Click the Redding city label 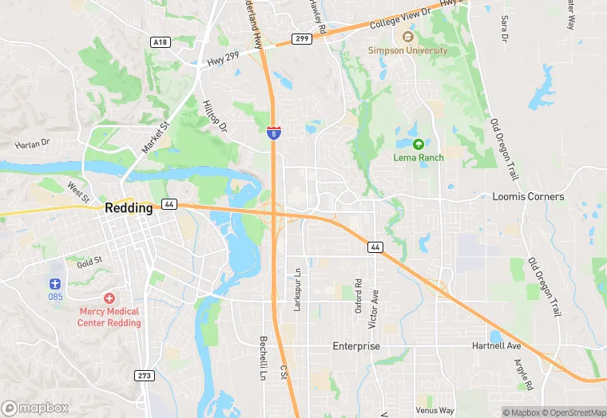point(129,207)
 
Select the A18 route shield point(160,41)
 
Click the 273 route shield point(144,375)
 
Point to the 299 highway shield point(301,37)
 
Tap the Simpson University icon point(408,37)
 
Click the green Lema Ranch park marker point(419,144)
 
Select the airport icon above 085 point(54,283)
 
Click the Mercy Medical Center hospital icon point(109,298)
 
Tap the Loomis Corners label point(528,196)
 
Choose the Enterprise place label point(356,346)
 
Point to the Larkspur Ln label point(297,290)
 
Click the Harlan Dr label point(32,144)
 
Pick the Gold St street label point(89,261)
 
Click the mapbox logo point(35,408)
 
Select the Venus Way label point(434,411)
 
